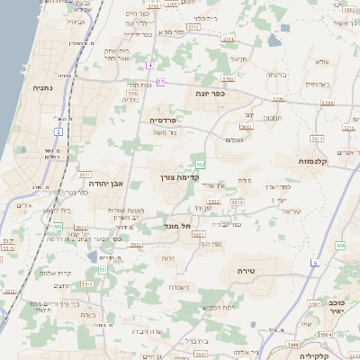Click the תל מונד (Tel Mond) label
(178, 226)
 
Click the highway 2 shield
(58, 132)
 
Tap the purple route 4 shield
(151, 64)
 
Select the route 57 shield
(160, 82)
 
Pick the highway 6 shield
(315, 262)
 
